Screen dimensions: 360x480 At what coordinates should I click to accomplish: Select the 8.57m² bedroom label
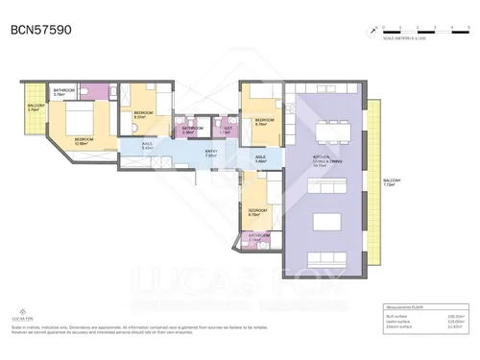click(x=144, y=114)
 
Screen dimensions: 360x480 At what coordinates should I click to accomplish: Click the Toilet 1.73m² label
click(x=226, y=130)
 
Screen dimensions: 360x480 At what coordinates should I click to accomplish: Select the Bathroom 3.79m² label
click(x=65, y=93)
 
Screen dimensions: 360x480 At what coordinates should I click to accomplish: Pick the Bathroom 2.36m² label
click(x=193, y=130)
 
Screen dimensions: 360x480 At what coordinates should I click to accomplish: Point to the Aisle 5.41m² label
click(x=147, y=147)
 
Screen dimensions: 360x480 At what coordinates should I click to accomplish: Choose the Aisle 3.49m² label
click(x=260, y=159)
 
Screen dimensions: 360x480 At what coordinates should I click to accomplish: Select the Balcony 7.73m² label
click(x=392, y=182)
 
